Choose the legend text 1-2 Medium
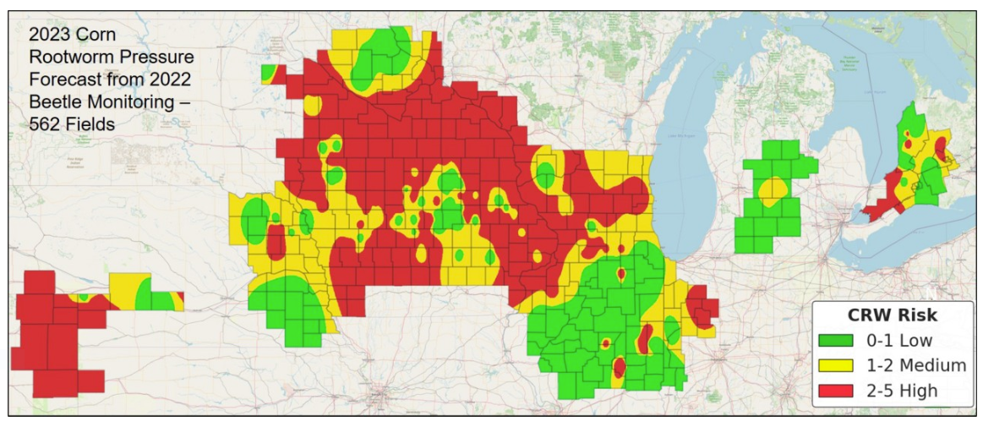tap(915, 365)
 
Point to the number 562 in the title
tap(44, 123)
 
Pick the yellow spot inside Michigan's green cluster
tap(772, 189)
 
